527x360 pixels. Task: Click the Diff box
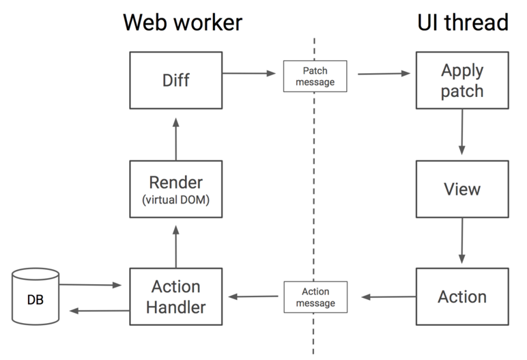(x=175, y=81)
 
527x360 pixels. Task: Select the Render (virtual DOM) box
(x=175, y=189)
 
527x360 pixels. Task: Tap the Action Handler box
(x=175, y=296)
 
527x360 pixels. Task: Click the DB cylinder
(x=35, y=299)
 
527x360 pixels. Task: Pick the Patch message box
(x=315, y=76)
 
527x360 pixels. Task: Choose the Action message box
(x=315, y=296)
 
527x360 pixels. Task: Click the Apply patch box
(x=462, y=81)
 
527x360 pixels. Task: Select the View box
(x=462, y=189)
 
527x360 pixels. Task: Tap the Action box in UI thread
(x=462, y=296)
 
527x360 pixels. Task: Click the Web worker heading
(x=182, y=22)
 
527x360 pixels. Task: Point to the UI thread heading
(x=463, y=22)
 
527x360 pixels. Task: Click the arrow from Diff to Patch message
(x=251, y=72)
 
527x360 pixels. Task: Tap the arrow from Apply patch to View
(x=462, y=132)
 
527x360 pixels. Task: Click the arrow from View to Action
(x=462, y=240)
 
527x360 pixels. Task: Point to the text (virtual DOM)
(x=175, y=201)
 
